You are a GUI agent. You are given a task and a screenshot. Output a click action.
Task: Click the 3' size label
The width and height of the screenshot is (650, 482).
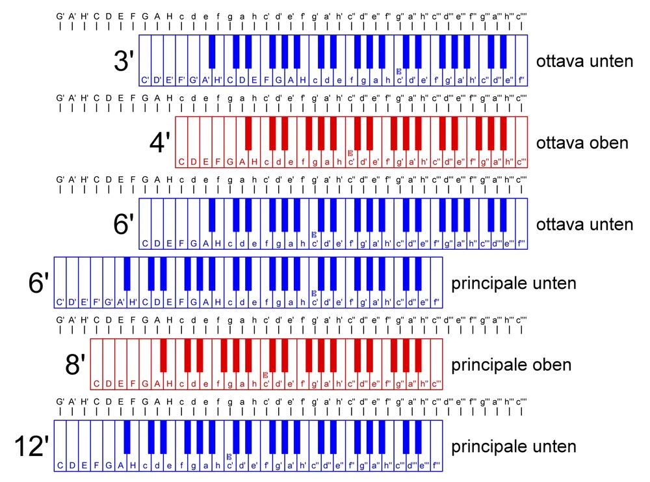(123, 61)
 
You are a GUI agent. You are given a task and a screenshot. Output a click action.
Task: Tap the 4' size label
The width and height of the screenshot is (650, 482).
(160, 142)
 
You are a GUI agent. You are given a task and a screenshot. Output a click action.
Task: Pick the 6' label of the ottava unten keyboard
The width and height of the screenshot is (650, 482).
(123, 224)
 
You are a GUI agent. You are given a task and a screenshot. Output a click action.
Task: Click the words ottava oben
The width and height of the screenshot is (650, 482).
(582, 143)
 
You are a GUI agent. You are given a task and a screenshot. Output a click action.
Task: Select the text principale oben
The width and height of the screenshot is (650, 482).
(511, 365)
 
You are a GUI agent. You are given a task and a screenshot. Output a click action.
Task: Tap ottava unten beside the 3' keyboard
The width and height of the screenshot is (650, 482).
(584, 62)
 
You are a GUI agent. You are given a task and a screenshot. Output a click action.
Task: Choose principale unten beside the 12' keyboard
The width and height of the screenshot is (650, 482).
(513, 447)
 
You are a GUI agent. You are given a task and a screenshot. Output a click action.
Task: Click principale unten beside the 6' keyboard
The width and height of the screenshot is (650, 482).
(513, 284)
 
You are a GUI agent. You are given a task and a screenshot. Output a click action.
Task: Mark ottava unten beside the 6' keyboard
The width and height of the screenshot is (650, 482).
(584, 224)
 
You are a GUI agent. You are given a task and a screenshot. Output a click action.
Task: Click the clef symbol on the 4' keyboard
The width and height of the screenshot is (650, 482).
(351, 154)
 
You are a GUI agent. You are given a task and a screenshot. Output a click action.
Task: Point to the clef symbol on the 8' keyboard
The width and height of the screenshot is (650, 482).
(265, 375)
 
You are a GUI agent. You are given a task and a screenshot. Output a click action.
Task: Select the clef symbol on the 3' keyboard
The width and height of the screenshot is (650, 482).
(399, 72)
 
